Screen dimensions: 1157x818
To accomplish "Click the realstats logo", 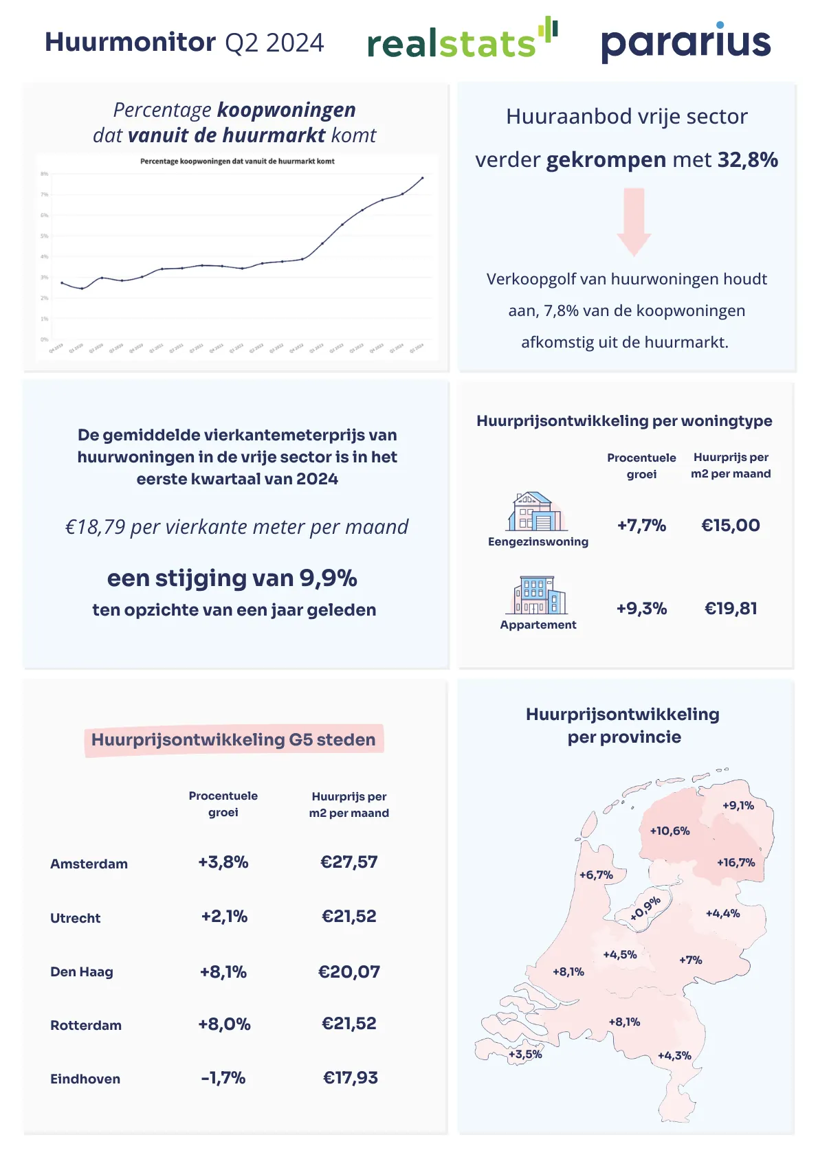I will pyautogui.click(x=462, y=41).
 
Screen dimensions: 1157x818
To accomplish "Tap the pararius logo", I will pyautogui.click(x=685, y=43).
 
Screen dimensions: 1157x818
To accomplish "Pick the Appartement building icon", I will pyautogui.click(x=538, y=595).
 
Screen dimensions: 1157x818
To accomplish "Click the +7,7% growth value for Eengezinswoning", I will pyautogui.click(x=641, y=526).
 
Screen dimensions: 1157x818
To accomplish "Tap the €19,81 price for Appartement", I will pyautogui.click(x=731, y=609).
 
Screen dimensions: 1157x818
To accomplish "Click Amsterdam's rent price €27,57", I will pyautogui.click(x=349, y=862).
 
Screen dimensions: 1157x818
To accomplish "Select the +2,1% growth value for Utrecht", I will pyautogui.click(x=224, y=917).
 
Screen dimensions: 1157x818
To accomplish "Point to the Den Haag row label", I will pyautogui.click(x=82, y=972).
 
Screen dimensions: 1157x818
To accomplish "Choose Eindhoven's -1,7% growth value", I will pyautogui.click(x=223, y=1078).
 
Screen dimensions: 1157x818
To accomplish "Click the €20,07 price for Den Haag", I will pyautogui.click(x=349, y=972).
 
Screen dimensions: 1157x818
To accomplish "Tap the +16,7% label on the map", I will pyautogui.click(x=736, y=863).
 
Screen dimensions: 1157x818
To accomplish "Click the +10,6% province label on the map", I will pyautogui.click(x=670, y=831).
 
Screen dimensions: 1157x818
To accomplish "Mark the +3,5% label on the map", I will pyautogui.click(x=525, y=1055).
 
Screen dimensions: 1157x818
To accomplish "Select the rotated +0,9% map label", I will pyautogui.click(x=645, y=908).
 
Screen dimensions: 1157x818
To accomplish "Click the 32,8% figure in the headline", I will pyautogui.click(x=748, y=160).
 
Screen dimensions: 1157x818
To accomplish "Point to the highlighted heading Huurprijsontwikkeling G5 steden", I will pyautogui.click(x=234, y=740).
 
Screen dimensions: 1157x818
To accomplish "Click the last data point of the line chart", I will pyautogui.click(x=423, y=178).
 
